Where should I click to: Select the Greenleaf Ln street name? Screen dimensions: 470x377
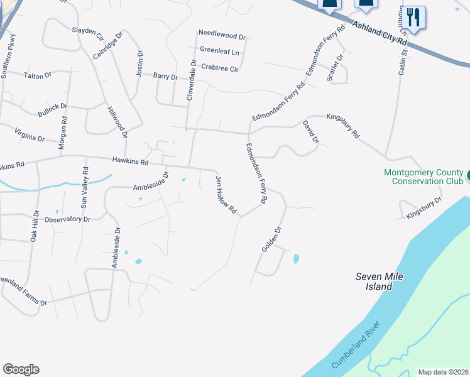tap(220, 50)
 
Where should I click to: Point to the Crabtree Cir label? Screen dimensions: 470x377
tap(220, 68)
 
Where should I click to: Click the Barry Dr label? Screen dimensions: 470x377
tap(166, 77)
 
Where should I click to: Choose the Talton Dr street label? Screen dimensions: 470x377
tap(37, 76)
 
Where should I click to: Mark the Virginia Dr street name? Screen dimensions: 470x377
tap(30, 134)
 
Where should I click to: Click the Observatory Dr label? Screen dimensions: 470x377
tap(68, 220)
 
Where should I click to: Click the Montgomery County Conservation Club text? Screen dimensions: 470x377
tap(423, 177)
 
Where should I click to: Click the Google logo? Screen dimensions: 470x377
tap(21, 369)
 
